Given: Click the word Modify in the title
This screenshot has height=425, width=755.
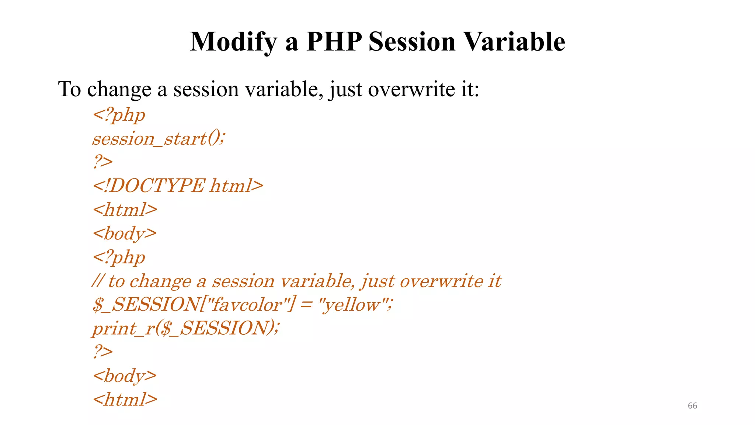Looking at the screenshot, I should (x=233, y=42).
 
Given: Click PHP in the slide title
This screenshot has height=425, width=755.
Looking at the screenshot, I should (x=334, y=41).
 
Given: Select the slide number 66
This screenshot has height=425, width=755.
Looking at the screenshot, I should (x=692, y=406).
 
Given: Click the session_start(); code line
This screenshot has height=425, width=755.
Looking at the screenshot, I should (x=159, y=139).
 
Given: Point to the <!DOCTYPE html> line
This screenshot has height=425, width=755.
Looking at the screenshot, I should (x=178, y=186).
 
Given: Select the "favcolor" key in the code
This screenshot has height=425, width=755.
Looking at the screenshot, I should (x=247, y=305).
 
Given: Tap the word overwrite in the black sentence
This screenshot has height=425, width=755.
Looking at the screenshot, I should (x=411, y=89).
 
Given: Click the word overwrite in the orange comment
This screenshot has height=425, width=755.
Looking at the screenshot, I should (x=441, y=281).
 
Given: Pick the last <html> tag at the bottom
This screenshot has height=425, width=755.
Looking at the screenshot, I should (x=125, y=400).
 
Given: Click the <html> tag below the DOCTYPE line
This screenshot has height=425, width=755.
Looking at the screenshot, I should (x=125, y=210).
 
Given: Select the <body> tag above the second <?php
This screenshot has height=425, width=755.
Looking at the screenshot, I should (x=125, y=234).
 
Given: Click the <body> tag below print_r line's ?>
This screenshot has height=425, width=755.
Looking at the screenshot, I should (x=125, y=376).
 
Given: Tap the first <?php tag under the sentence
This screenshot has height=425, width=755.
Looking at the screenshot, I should (x=119, y=115).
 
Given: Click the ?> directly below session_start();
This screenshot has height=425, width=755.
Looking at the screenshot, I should (x=102, y=162).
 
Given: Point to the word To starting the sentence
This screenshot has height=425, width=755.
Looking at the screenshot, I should (x=69, y=89).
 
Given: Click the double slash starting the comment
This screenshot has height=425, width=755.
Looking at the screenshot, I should (x=97, y=281).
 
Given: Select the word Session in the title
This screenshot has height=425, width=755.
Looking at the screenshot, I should (x=412, y=41).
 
